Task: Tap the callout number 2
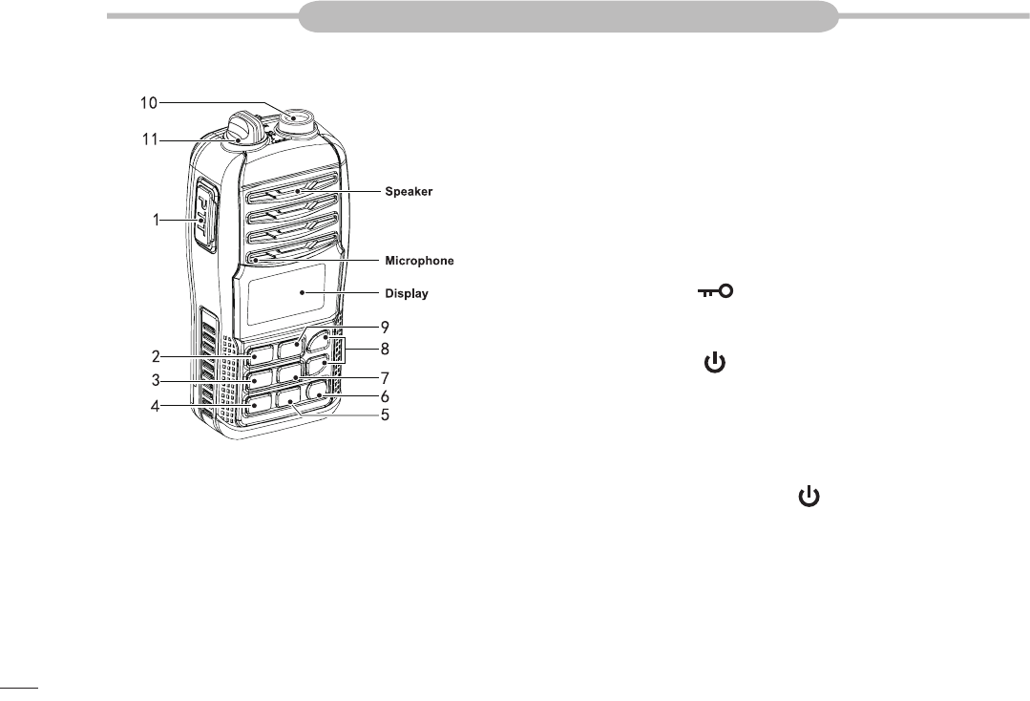tap(155, 357)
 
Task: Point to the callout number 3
tap(155, 380)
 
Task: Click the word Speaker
tap(409, 192)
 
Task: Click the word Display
tap(406, 293)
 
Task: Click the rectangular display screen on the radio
tap(285, 294)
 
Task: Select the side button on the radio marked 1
tap(207, 215)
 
